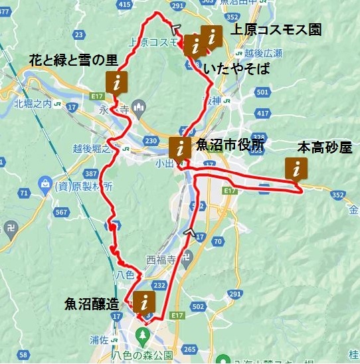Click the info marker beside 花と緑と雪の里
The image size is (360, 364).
coord(117,82)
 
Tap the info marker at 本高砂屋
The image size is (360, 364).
coord(296,169)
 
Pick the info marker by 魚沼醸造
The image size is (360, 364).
coord(142,300)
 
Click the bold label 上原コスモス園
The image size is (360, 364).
coord(275,31)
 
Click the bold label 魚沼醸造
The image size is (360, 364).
coord(92,304)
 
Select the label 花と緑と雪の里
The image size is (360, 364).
coord(73,60)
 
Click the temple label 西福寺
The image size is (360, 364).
coord(160,260)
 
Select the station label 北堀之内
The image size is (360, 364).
coord(37,103)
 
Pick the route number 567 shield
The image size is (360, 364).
coord(62,212)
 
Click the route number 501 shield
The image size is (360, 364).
coord(262,92)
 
